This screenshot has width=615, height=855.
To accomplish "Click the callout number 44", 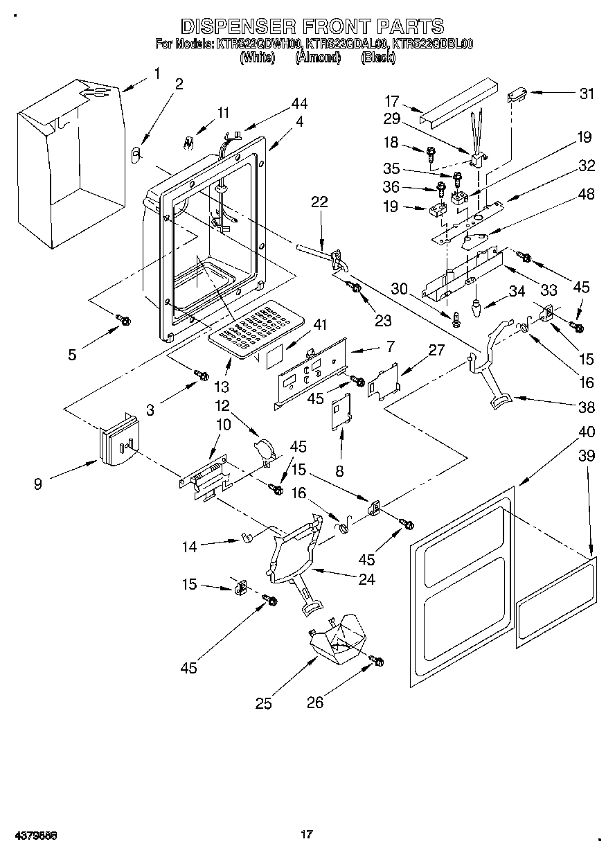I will pyautogui.click(x=298, y=104).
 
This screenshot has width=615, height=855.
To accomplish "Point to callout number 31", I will pyautogui.click(x=586, y=94).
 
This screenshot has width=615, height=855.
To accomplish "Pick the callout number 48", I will pyautogui.click(x=586, y=195).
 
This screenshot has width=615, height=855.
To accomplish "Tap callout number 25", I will pyautogui.click(x=263, y=704).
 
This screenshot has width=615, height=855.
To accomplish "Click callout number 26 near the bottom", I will pyautogui.click(x=315, y=703).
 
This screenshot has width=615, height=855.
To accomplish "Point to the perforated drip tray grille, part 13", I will pyautogui.click(x=257, y=326).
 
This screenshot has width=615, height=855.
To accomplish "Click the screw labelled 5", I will pyautogui.click(x=124, y=319).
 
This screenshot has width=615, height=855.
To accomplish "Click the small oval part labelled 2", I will pyautogui.click(x=135, y=154).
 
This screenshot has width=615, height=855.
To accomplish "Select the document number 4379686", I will pyautogui.click(x=34, y=835).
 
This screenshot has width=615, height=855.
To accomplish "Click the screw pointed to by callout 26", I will pyautogui.click(x=377, y=661).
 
